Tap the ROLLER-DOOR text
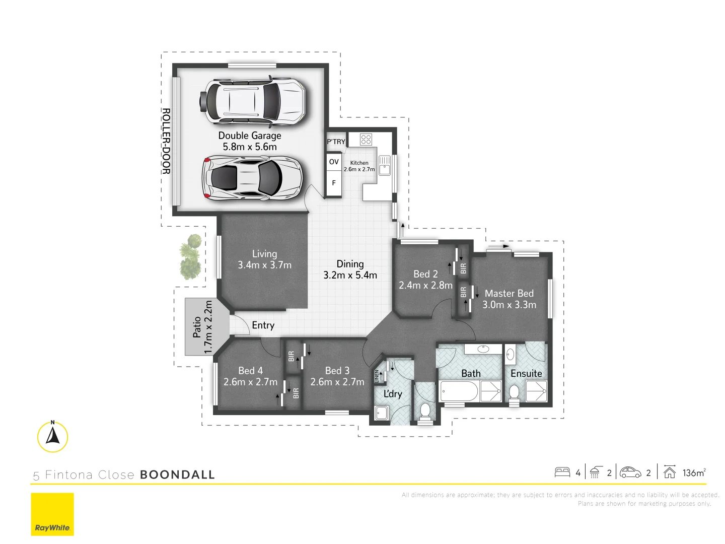coord(166,141)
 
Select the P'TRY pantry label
coord(336,142)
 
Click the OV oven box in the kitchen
coord(334,162)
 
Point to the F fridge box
coord(334,183)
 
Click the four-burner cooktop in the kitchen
coord(366,139)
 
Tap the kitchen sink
coord(385,166)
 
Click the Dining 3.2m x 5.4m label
coord(350,269)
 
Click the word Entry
coord(263,325)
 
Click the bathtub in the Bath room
coord(459,391)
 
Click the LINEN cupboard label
coord(377,376)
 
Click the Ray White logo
coord(52,514)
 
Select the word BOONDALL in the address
coord(177,474)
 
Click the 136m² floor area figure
coord(694,472)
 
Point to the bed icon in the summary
coord(562,472)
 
